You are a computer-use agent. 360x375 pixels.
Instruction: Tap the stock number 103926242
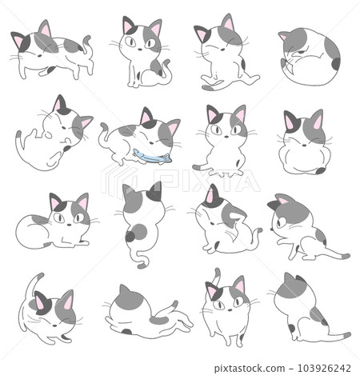(316, 368)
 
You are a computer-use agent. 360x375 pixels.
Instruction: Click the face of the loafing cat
(69, 214)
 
